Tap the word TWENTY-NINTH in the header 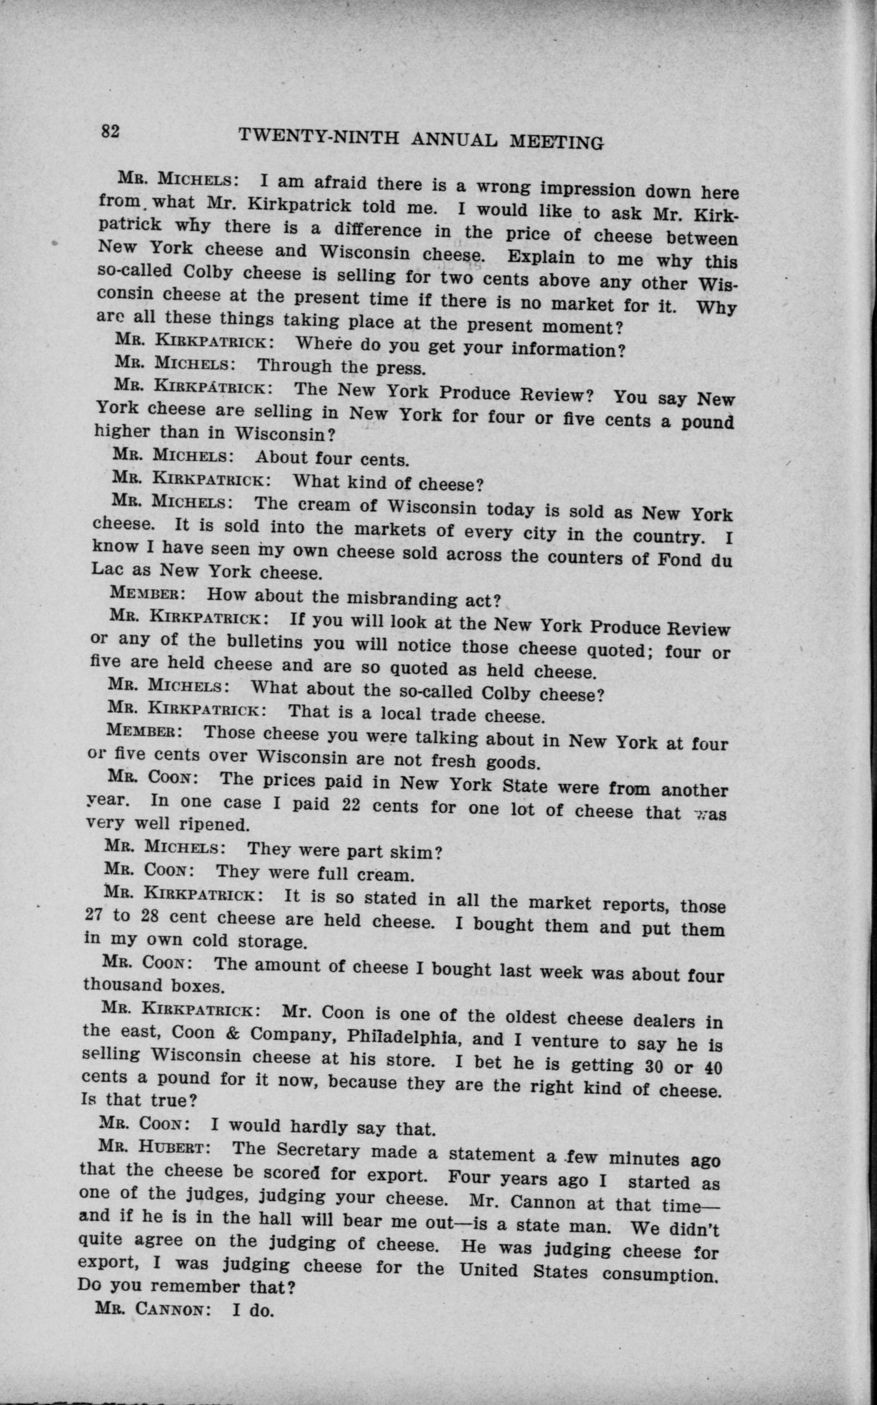click(x=319, y=137)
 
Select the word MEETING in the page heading click(x=555, y=142)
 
